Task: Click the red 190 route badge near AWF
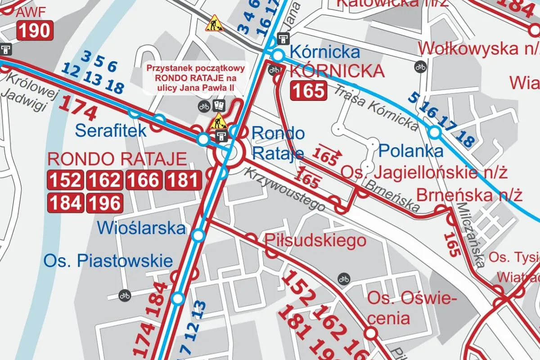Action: [35, 31]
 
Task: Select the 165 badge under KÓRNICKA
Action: [308, 90]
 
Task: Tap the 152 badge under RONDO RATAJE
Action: [66, 180]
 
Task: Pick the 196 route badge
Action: [104, 203]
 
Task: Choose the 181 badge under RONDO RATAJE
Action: [183, 180]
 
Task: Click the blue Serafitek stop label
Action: [111, 130]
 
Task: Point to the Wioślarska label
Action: [141, 228]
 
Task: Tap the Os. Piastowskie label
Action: [108, 261]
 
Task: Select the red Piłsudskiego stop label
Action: [315, 240]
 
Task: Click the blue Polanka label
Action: [411, 151]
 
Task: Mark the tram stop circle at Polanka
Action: [434, 132]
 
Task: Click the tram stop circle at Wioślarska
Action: [198, 235]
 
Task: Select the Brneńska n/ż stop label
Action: [469, 196]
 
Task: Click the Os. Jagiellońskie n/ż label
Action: [424, 172]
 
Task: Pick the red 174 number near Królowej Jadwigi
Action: [78, 108]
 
